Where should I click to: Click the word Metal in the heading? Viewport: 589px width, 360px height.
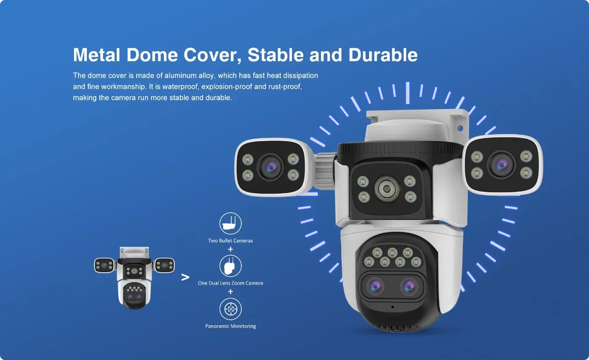point(96,55)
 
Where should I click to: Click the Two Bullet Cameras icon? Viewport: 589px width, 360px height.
point(230,224)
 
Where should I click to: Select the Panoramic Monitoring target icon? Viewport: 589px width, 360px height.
point(230,309)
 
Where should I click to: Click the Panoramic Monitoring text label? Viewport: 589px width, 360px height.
point(230,326)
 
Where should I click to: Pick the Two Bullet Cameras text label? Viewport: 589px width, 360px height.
point(230,241)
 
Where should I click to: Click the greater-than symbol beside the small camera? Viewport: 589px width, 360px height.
point(185,277)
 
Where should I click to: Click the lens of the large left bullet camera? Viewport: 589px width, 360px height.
point(269,166)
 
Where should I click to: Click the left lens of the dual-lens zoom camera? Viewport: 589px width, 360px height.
point(374,286)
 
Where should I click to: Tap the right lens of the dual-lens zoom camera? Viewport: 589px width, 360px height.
point(410,286)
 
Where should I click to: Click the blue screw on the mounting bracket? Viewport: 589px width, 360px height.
point(460,128)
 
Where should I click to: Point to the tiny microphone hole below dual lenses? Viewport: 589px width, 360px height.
point(392,307)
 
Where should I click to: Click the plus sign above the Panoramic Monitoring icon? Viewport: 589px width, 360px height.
point(230,291)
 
